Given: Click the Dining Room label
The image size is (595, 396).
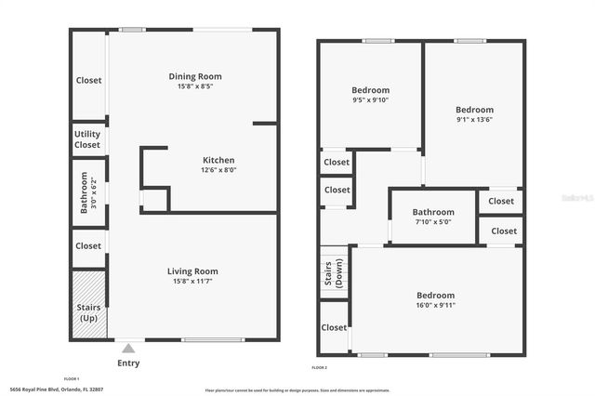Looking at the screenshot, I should (x=195, y=76).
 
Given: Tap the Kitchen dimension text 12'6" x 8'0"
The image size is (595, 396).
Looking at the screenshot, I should (x=218, y=170).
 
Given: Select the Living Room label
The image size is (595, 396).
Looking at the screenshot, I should (x=192, y=271).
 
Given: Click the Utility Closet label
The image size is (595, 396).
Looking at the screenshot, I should (x=87, y=139).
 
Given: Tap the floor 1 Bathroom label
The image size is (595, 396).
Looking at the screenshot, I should (x=84, y=193).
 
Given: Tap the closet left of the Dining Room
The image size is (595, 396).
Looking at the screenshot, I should (x=88, y=80).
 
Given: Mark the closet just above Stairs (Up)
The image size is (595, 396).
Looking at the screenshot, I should (x=88, y=246).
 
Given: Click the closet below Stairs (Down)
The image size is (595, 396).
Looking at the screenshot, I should (x=334, y=328).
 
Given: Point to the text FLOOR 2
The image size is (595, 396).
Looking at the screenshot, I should (x=321, y=369).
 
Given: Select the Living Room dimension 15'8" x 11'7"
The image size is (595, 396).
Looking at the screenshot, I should (x=192, y=282).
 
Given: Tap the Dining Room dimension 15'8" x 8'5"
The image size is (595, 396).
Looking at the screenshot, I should (x=195, y=86).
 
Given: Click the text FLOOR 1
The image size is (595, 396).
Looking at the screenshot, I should (x=72, y=378).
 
